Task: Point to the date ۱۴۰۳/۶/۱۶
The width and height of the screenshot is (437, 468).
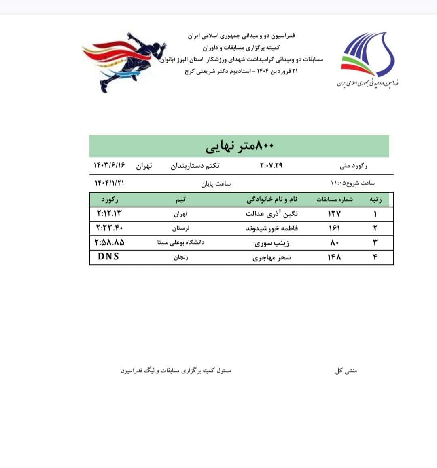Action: pos(110,166)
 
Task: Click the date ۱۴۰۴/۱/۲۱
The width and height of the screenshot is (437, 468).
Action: pos(109,183)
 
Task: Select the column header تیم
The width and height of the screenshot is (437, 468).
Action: pos(180,200)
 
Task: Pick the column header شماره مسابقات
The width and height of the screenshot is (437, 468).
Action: pos(334,200)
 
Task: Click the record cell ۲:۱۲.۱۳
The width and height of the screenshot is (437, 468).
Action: pos(109,213)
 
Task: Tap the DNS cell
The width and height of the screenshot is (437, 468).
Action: pos(108,257)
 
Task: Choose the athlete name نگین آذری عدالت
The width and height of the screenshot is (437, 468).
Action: pos(272,213)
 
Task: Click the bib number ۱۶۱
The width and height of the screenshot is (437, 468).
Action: pos(334,228)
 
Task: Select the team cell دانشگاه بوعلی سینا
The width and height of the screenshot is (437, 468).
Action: pos(180,242)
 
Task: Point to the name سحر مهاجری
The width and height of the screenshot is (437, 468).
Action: pos(272,257)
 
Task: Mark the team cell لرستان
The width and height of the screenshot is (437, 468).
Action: pos(180,228)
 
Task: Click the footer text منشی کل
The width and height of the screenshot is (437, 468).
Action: pos(346,371)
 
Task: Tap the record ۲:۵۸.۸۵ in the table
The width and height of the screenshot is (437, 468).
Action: pos(109,242)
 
